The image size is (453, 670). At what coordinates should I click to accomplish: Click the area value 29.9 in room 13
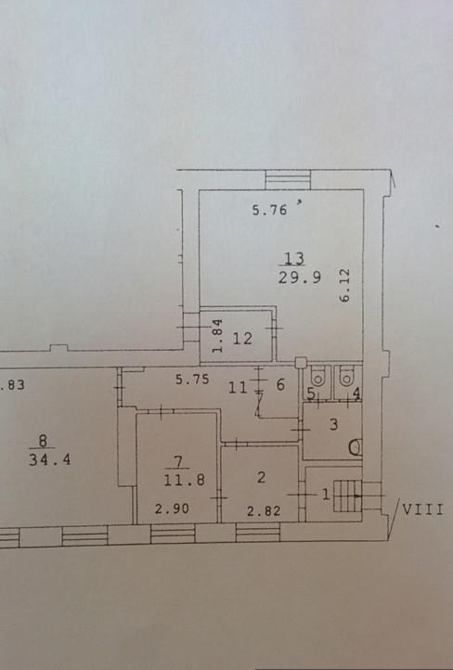pos(299,277)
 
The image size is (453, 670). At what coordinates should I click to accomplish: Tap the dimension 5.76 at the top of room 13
pos(269,210)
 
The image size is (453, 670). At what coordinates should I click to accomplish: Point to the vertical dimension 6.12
pos(345,286)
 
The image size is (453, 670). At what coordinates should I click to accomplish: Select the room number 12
pos(242,339)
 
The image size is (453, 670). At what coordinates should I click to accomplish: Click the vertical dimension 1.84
pos(217,335)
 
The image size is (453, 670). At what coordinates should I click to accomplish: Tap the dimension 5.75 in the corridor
pos(192,379)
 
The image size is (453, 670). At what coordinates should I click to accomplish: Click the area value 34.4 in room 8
pos(49,459)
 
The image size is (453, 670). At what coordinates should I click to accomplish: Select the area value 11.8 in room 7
pos(184,480)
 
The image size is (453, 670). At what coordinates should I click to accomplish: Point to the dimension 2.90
pos(172,509)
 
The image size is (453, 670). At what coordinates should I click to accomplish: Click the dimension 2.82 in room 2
pos(264,510)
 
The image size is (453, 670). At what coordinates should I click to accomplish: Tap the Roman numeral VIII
pos(422,509)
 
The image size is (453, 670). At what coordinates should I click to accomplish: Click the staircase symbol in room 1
pos(347,496)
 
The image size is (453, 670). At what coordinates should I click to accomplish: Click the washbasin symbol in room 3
pos(356,447)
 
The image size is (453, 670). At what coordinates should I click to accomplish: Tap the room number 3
pos(334,424)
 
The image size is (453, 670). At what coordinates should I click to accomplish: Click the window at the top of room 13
pos(288,179)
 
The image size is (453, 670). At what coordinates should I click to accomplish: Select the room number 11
pos(238,388)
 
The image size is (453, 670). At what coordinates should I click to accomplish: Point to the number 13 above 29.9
pos(294,259)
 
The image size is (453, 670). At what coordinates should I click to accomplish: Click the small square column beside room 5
pos(301,363)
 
